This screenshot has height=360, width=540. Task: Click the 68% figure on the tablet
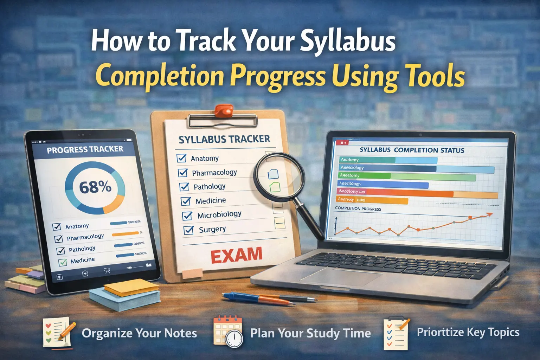(x=95, y=187)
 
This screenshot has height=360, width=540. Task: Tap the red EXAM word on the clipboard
(x=237, y=255)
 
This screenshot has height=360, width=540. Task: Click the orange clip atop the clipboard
(x=224, y=110)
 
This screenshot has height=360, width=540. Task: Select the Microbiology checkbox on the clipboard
(x=187, y=216)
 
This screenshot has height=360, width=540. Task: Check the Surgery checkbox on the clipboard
(x=189, y=230)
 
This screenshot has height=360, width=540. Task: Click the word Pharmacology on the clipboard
(x=214, y=173)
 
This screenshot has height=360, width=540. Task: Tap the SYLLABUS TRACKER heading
(x=224, y=139)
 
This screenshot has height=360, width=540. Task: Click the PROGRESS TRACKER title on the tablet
(x=85, y=150)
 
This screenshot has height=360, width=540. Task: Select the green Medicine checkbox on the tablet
(x=63, y=262)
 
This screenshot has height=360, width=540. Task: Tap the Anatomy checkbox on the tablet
(x=57, y=227)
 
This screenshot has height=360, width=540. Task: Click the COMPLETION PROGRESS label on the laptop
(x=358, y=208)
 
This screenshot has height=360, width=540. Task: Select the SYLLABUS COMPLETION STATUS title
(x=412, y=150)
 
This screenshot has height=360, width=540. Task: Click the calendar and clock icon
(x=228, y=332)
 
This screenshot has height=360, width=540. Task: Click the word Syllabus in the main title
(x=348, y=41)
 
